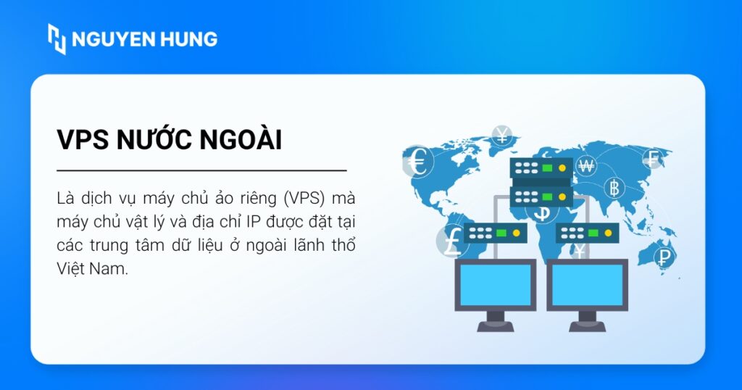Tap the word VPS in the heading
pos(82,141)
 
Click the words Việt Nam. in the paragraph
pos(91,268)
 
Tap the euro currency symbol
pos(418,163)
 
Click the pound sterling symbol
pos(451,241)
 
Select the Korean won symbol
pos(586,166)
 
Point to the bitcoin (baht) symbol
pos(615,189)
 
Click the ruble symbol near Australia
pos(663,256)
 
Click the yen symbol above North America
pos(502,135)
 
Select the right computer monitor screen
pos(587,285)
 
